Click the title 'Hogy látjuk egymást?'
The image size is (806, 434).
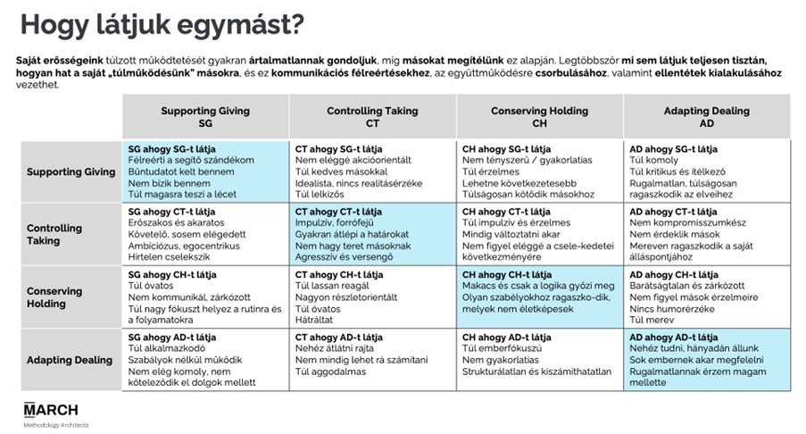pyautogui.click(x=162, y=26)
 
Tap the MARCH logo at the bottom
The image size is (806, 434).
pyautogui.click(x=51, y=410)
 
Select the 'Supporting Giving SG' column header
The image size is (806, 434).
pyautogui.click(x=205, y=117)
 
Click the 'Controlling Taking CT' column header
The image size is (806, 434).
pyautogui.click(x=372, y=117)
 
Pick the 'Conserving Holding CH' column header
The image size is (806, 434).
pyautogui.click(x=539, y=117)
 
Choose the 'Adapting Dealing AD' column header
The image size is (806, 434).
pyautogui.click(x=706, y=117)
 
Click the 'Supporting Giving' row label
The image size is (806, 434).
pyautogui.click(x=71, y=171)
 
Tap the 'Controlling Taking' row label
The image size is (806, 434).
pyautogui.click(x=54, y=234)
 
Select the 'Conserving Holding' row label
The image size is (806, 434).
pyautogui.click(x=54, y=297)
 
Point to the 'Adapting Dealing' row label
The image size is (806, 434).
pyautogui.click(x=70, y=360)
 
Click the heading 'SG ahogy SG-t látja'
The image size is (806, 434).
pyautogui.click(x=171, y=149)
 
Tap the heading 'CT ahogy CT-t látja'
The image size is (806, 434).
pyautogui.click(x=338, y=212)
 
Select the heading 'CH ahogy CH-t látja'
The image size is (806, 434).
pyautogui.click(x=507, y=274)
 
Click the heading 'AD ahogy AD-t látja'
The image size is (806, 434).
pyautogui.click(x=673, y=338)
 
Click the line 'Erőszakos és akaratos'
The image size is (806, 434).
pyautogui.click(x=177, y=222)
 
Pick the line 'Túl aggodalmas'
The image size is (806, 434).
pyautogui.click(x=330, y=371)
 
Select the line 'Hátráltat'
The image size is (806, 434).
pyautogui.click(x=314, y=320)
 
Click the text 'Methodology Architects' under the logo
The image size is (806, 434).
pyautogui.click(x=56, y=425)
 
